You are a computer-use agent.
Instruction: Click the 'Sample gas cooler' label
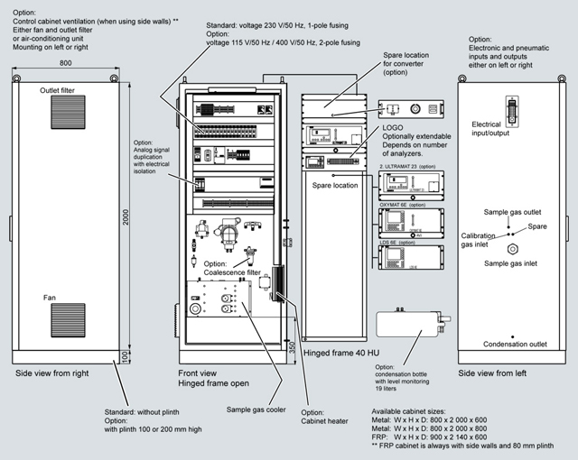(x=242, y=409)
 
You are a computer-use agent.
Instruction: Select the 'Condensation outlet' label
(x=514, y=345)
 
